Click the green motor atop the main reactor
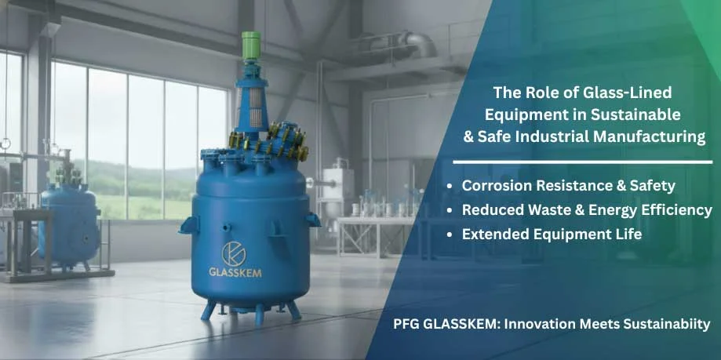click(x=252, y=48)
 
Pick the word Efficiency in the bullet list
click(x=676, y=210)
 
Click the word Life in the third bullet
click(x=628, y=234)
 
